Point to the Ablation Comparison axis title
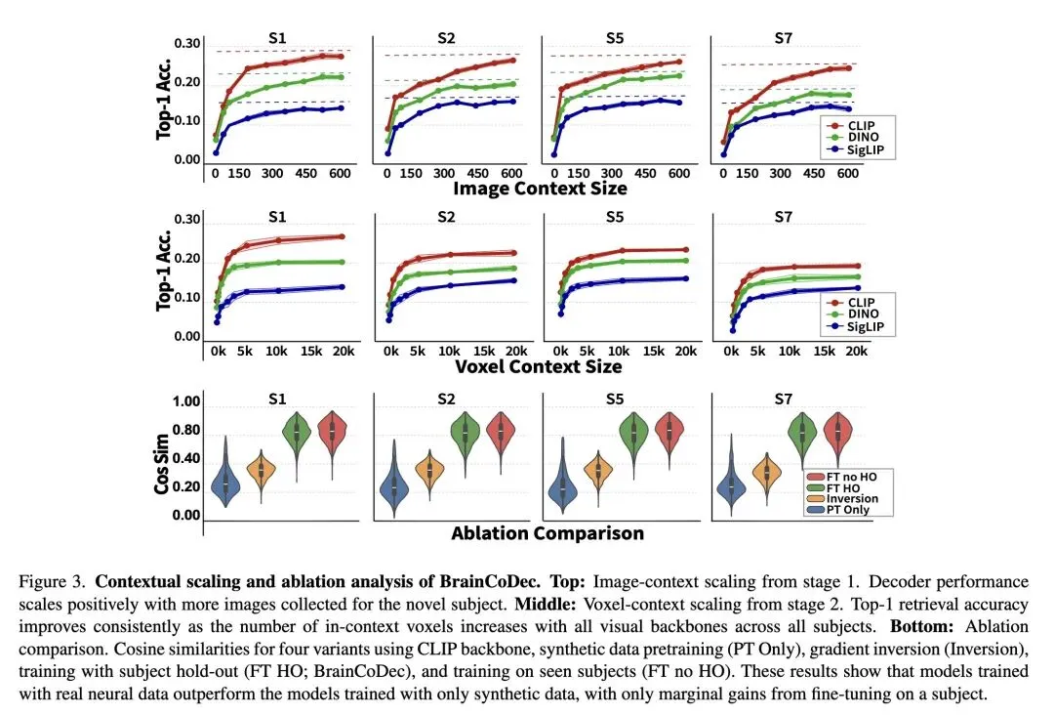pyautogui.click(x=547, y=533)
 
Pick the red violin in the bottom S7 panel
pyautogui.click(x=837, y=432)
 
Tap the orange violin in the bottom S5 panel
pyautogui.click(x=596, y=471)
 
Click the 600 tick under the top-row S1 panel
pyautogui.click(x=339, y=175)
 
